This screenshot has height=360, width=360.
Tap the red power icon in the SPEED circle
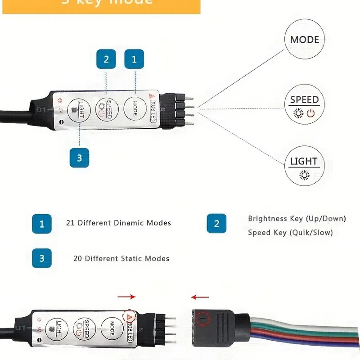(x=310, y=112)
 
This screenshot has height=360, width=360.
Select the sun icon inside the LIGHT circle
(x=305, y=175)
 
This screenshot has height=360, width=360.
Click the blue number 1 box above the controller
(x=134, y=59)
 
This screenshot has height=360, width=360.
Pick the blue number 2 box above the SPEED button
(x=106, y=59)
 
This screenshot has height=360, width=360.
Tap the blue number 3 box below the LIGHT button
(x=79, y=157)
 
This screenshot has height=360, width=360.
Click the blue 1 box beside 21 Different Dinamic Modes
(x=42, y=224)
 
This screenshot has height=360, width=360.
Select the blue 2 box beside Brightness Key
(x=216, y=224)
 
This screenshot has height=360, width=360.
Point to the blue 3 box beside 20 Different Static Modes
(x=42, y=258)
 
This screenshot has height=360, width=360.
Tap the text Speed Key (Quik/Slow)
(x=290, y=233)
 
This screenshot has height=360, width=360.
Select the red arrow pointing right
(x=126, y=297)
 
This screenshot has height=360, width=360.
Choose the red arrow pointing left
(x=199, y=297)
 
